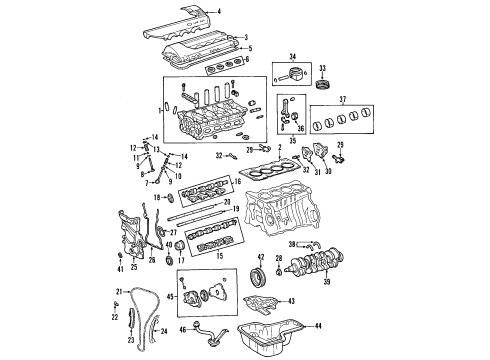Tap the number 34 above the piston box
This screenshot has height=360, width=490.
coord(293,55)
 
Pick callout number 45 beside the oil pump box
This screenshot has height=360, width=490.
coord(170,296)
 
